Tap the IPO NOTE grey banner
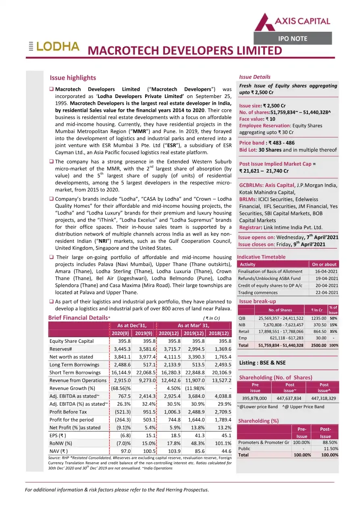click(293, 39)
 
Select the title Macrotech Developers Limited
click(185, 51)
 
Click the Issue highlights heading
click(73, 78)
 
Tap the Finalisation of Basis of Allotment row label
click(270, 271)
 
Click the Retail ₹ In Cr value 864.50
click(318, 332)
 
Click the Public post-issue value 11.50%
click(330, 449)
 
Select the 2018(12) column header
click(219, 333)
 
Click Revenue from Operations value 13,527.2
click(219, 380)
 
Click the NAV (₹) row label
click(58, 451)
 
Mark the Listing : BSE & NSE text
click(262, 363)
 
